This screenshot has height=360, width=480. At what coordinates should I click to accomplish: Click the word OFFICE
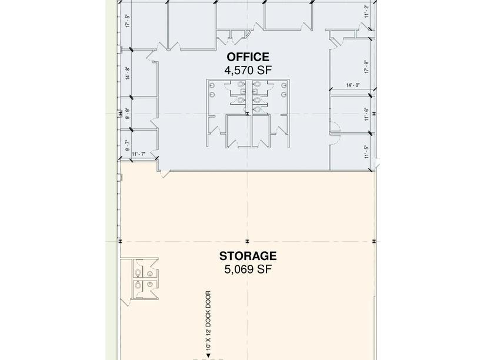(x=248, y=57)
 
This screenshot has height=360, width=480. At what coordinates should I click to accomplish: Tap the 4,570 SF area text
(x=248, y=71)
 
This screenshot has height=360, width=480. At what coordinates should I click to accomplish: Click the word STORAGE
(x=248, y=256)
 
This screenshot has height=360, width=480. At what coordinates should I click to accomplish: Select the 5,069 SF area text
(x=248, y=269)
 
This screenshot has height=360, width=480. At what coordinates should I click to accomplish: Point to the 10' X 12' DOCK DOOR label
(x=208, y=320)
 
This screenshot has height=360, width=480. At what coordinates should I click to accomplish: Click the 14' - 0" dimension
(x=353, y=85)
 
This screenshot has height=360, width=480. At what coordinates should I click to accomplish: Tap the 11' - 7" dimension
(x=138, y=154)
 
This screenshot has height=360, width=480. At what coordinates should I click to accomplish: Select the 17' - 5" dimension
(x=128, y=21)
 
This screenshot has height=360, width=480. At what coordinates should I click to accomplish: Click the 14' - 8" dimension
(x=128, y=73)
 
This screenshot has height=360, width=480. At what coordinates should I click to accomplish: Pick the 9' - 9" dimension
(x=128, y=114)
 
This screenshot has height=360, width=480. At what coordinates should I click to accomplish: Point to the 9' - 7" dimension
(x=128, y=145)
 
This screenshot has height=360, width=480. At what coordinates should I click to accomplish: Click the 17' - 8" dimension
(x=366, y=66)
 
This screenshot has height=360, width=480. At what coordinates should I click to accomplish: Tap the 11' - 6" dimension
(x=366, y=114)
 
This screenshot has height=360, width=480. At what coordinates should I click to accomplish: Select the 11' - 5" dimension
(x=366, y=152)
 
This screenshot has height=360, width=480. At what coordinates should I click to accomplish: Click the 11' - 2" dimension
(x=366, y=11)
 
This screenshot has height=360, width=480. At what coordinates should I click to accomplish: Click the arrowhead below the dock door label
(x=208, y=355)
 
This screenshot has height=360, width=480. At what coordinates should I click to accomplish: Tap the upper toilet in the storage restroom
(x=138, y=273)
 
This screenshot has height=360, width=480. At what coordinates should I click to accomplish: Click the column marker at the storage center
(x=248, y=242)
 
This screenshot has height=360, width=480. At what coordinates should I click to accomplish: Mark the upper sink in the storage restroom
(x=149, y=274)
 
